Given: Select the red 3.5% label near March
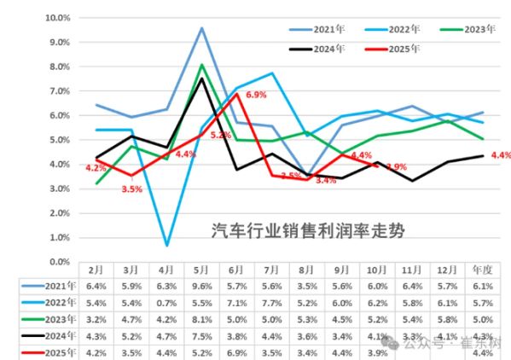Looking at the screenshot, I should click(x=131, y=189).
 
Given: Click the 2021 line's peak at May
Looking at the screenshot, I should click(x=201, y=28).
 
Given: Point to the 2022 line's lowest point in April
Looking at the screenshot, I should click(x=166, y=245).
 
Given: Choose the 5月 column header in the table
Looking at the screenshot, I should click(x=201, y=269).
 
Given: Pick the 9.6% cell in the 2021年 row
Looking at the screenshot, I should click(x=201, y=285).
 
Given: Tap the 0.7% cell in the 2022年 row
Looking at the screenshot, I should click(x=166, y=302).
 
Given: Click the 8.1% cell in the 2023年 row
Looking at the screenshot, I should click(x=201, y=318).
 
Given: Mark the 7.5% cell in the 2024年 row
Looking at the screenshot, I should click(x=201, y=335).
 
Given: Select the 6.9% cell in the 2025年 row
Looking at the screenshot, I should click(x=236, y=351).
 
